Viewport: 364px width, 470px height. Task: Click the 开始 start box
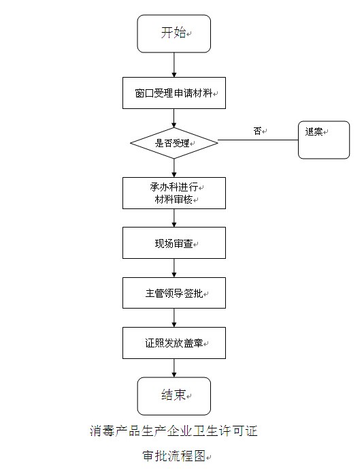pos(174,33)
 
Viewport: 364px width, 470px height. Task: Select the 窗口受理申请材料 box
pos(174,93)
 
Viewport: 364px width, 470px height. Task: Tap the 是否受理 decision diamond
pos(174,143)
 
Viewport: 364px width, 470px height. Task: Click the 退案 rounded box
pos(324,140)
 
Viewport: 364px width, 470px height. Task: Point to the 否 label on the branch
pos(257,131)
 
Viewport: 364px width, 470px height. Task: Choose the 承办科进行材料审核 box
pos(174,193)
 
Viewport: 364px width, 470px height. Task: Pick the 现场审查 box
pos(174,242)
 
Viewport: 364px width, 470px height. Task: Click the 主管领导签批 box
pos(174,293)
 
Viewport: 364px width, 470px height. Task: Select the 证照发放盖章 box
pos(174,343)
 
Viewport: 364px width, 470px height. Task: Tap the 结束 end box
pos(174,396)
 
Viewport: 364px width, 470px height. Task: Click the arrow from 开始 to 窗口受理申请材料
pos(174,65)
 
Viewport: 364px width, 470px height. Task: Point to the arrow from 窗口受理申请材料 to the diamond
pos(174,118)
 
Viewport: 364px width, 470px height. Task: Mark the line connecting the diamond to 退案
pos(258,140)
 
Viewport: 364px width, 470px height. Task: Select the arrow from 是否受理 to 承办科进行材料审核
pos(174,168)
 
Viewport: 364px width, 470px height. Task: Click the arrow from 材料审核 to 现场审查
pos(174,218)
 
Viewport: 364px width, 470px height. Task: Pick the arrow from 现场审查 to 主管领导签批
pos(174,268)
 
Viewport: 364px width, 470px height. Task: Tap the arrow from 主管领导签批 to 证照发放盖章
pos(174,317)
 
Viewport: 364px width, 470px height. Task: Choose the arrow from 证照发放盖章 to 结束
pos(174,368)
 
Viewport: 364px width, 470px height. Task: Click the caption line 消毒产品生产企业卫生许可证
pos(173,431)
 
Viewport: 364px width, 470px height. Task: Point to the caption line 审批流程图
pos(174,456)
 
